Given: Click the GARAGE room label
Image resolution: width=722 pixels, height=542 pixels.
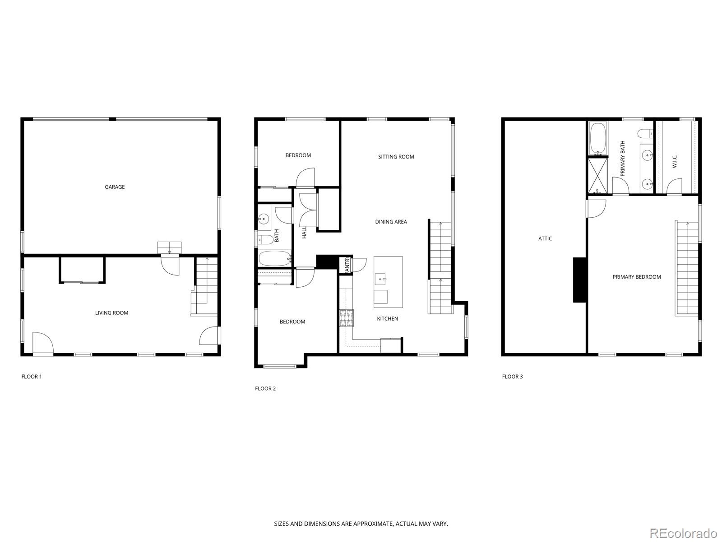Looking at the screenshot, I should click(x=115, y=187).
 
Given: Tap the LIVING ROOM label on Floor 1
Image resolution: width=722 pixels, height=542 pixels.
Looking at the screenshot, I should click(x=111, y=313).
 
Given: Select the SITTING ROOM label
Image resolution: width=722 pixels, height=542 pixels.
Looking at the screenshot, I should click(x=396, y=157).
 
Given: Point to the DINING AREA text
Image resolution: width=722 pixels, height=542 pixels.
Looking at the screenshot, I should click(x=391, y=222).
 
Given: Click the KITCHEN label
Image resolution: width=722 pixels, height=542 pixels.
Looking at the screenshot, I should click(x=387, y=319).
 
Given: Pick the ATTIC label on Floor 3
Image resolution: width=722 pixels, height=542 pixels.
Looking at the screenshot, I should click(x=545, y=238).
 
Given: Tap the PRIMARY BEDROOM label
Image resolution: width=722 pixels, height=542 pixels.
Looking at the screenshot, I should click(x=636, y=277).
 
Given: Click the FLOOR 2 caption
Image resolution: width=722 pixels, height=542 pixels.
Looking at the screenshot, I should click(x=265, y=388).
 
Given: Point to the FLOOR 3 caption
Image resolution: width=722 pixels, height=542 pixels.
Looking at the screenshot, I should click(x=512, y=377).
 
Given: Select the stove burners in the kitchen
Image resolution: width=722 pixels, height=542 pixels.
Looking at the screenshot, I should click(x=347, y=318).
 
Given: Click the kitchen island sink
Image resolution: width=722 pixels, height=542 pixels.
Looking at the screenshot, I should click(x=382, y=280).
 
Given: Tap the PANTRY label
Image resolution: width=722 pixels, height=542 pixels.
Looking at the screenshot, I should click(x=347, y=265).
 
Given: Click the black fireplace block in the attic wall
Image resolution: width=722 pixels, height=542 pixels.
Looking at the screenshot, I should click(x=579, y=280).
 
